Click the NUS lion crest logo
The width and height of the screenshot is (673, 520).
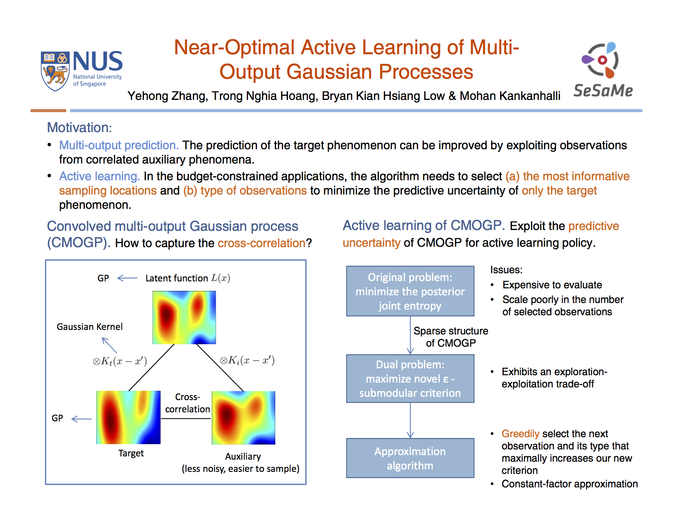55,71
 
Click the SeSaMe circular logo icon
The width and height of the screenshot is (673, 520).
600,60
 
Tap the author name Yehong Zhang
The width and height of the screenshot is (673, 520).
167,96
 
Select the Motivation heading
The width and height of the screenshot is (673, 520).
79,127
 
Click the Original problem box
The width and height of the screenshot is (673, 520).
410,291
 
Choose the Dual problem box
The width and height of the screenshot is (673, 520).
410,378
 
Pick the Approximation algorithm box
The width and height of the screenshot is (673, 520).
410,458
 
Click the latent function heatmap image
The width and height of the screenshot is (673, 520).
184,317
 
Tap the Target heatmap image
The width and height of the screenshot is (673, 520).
128,417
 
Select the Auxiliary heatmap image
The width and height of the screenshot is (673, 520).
244,418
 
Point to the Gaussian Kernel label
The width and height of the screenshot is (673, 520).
89,327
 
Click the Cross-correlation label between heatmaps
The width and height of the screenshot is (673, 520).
187,403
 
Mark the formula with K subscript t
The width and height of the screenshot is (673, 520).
120,361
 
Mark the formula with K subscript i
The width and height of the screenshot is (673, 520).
247,360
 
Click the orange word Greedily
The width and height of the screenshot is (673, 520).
520,434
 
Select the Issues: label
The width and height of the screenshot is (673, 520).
506,270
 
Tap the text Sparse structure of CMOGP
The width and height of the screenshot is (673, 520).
451,337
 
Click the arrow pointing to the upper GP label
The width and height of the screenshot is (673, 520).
127,278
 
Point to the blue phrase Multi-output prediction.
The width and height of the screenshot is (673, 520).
119,145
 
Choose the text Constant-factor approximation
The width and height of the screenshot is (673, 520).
569,484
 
